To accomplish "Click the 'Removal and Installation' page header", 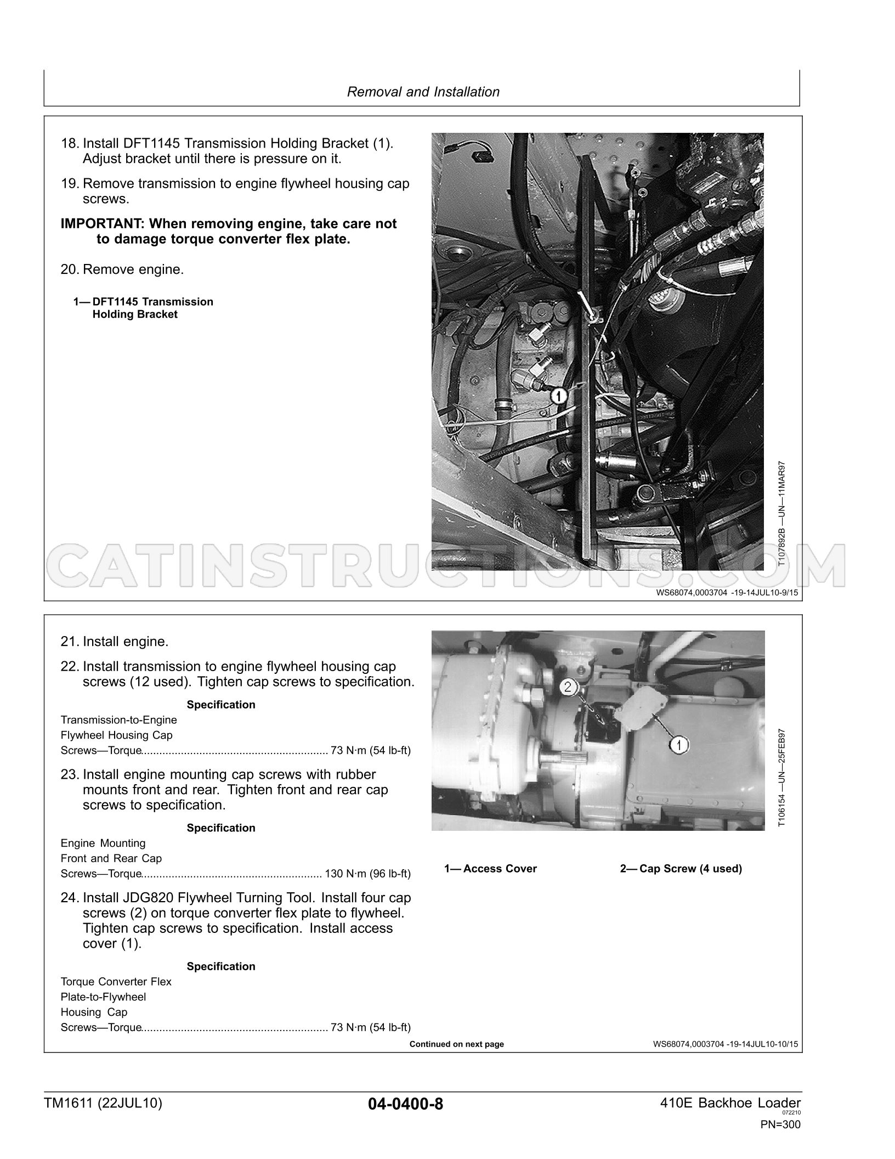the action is click(x=423, y=92).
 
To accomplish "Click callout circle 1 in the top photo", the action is click(x=558, y=395).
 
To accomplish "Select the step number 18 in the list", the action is click(x=70, y=144).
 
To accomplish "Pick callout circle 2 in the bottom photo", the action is click(x=568, y=687).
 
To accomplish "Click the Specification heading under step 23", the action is click(x=221, y=828).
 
